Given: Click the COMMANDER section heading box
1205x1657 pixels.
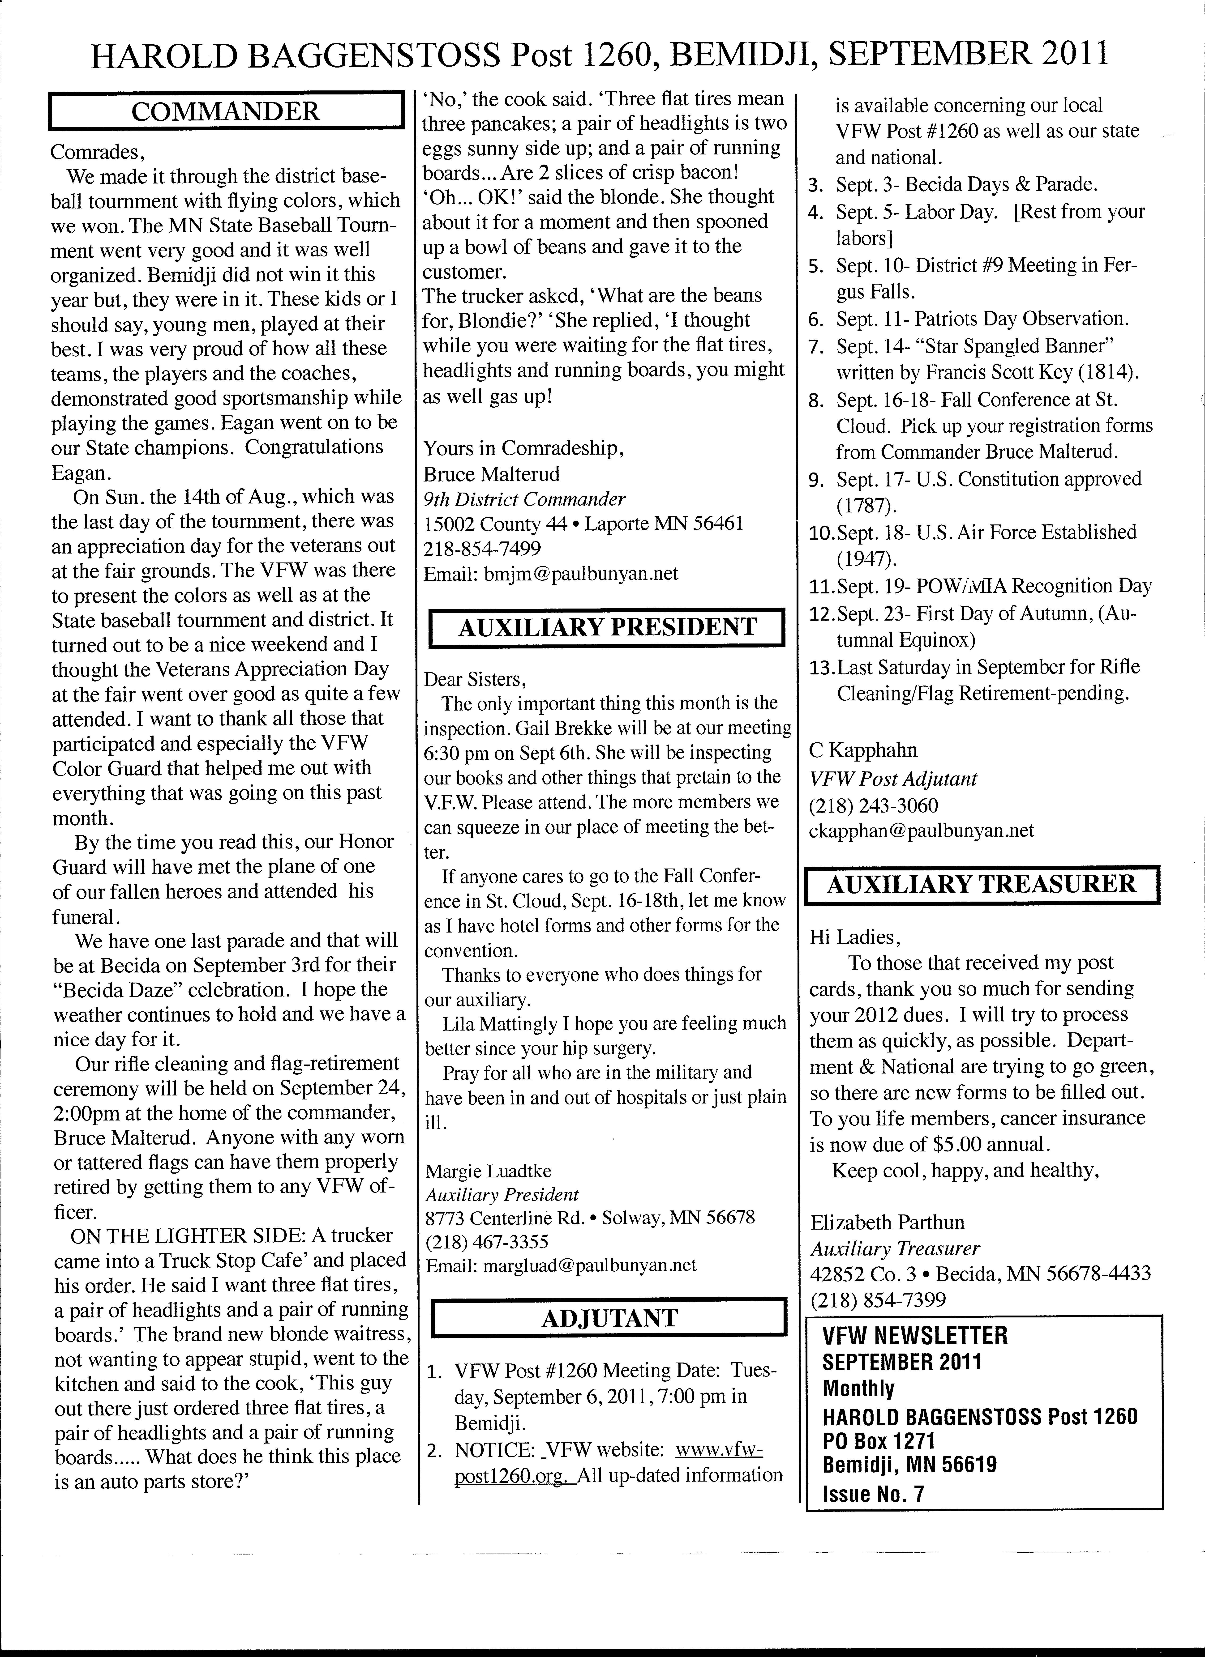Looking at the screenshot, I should pos(226,111).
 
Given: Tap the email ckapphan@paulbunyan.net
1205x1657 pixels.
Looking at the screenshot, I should pos(922,831).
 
